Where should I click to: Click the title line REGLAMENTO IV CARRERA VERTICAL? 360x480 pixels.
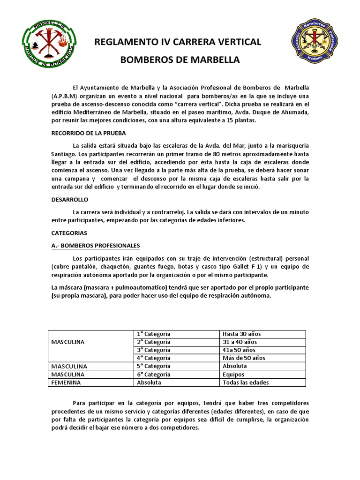[x=178, y=42]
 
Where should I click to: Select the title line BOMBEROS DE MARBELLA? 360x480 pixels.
[x=180, y=60]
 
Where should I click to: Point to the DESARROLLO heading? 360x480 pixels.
[x=69, y=199]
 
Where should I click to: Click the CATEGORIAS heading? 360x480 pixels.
[x=69, y=232]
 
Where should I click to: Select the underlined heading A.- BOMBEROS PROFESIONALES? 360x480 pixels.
[x=95, y=245]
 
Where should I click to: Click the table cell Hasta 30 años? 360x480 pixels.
[x=242, y=334]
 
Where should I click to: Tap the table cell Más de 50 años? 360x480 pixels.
[x=244, y=358]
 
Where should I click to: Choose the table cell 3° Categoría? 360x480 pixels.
[x=153, y=350]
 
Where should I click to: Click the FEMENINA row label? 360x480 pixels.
[x=66, y=382]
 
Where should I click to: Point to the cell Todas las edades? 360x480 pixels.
[x=246, y=382]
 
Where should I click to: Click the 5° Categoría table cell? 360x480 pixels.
[x=153, y=366]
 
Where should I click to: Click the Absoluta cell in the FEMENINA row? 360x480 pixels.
[x=149, y=382]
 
